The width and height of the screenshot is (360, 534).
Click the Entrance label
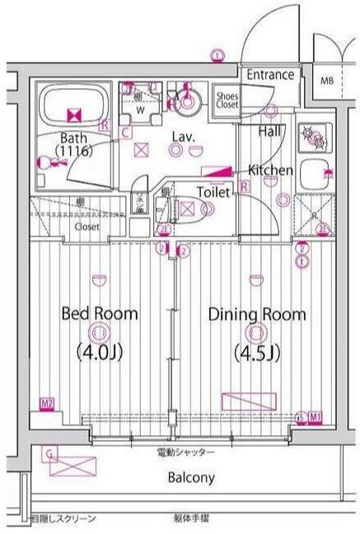270,75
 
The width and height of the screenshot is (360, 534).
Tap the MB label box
327,81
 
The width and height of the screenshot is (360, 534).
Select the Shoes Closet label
227,100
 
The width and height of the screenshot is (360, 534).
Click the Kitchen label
271,170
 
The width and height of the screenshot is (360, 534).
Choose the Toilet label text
214,191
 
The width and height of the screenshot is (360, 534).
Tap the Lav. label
182,137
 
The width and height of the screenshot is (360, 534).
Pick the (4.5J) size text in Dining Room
256,354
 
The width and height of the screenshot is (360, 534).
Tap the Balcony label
191,477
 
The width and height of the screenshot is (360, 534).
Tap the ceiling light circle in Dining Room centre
256,334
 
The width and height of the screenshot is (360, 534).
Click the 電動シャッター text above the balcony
185,452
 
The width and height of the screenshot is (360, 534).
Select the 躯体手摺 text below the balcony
191,518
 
